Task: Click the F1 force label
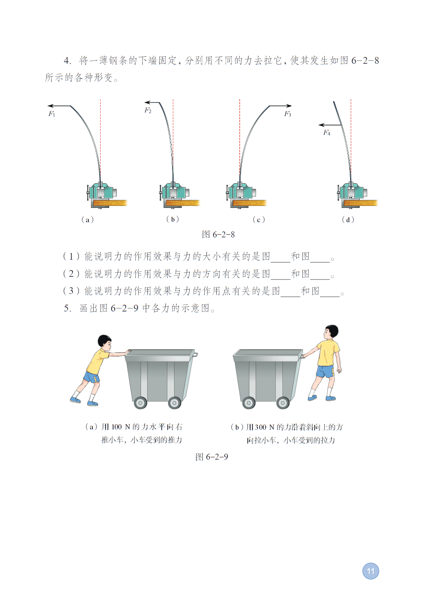[x=52, y=114]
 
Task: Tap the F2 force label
[x=148, y=110]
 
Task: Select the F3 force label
[x=288, y=114]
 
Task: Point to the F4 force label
[x=327, y=133]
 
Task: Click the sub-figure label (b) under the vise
[x=172, y=219]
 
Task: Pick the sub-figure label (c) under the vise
[x=258, y=220]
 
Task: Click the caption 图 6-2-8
[x=218, y=235]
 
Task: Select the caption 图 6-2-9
[x=211, y=457]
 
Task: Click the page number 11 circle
[x=370, y=571]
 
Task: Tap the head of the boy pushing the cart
[x=105, y=342]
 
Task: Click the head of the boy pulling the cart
[x=331, y=332]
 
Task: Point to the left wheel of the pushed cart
[x=140, y=403]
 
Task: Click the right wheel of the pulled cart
[x=283, y=403]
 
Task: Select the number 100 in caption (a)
[x=116, y=427]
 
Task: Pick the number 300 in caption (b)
[x=260, y=427]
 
